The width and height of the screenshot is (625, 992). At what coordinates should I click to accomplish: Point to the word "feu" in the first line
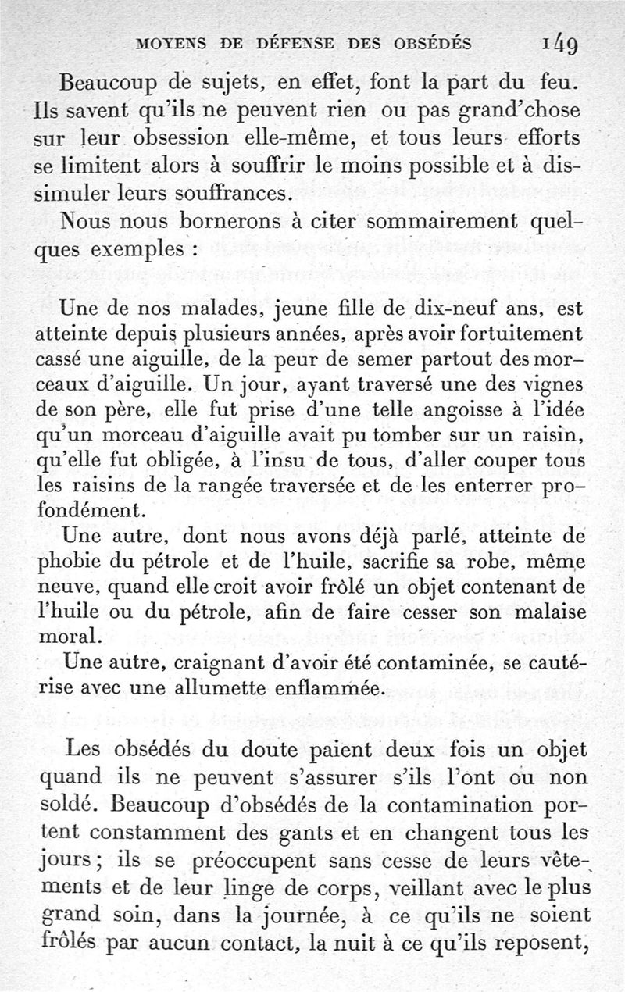(565, 80)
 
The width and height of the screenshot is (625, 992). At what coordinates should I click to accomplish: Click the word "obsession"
(177, 137)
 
